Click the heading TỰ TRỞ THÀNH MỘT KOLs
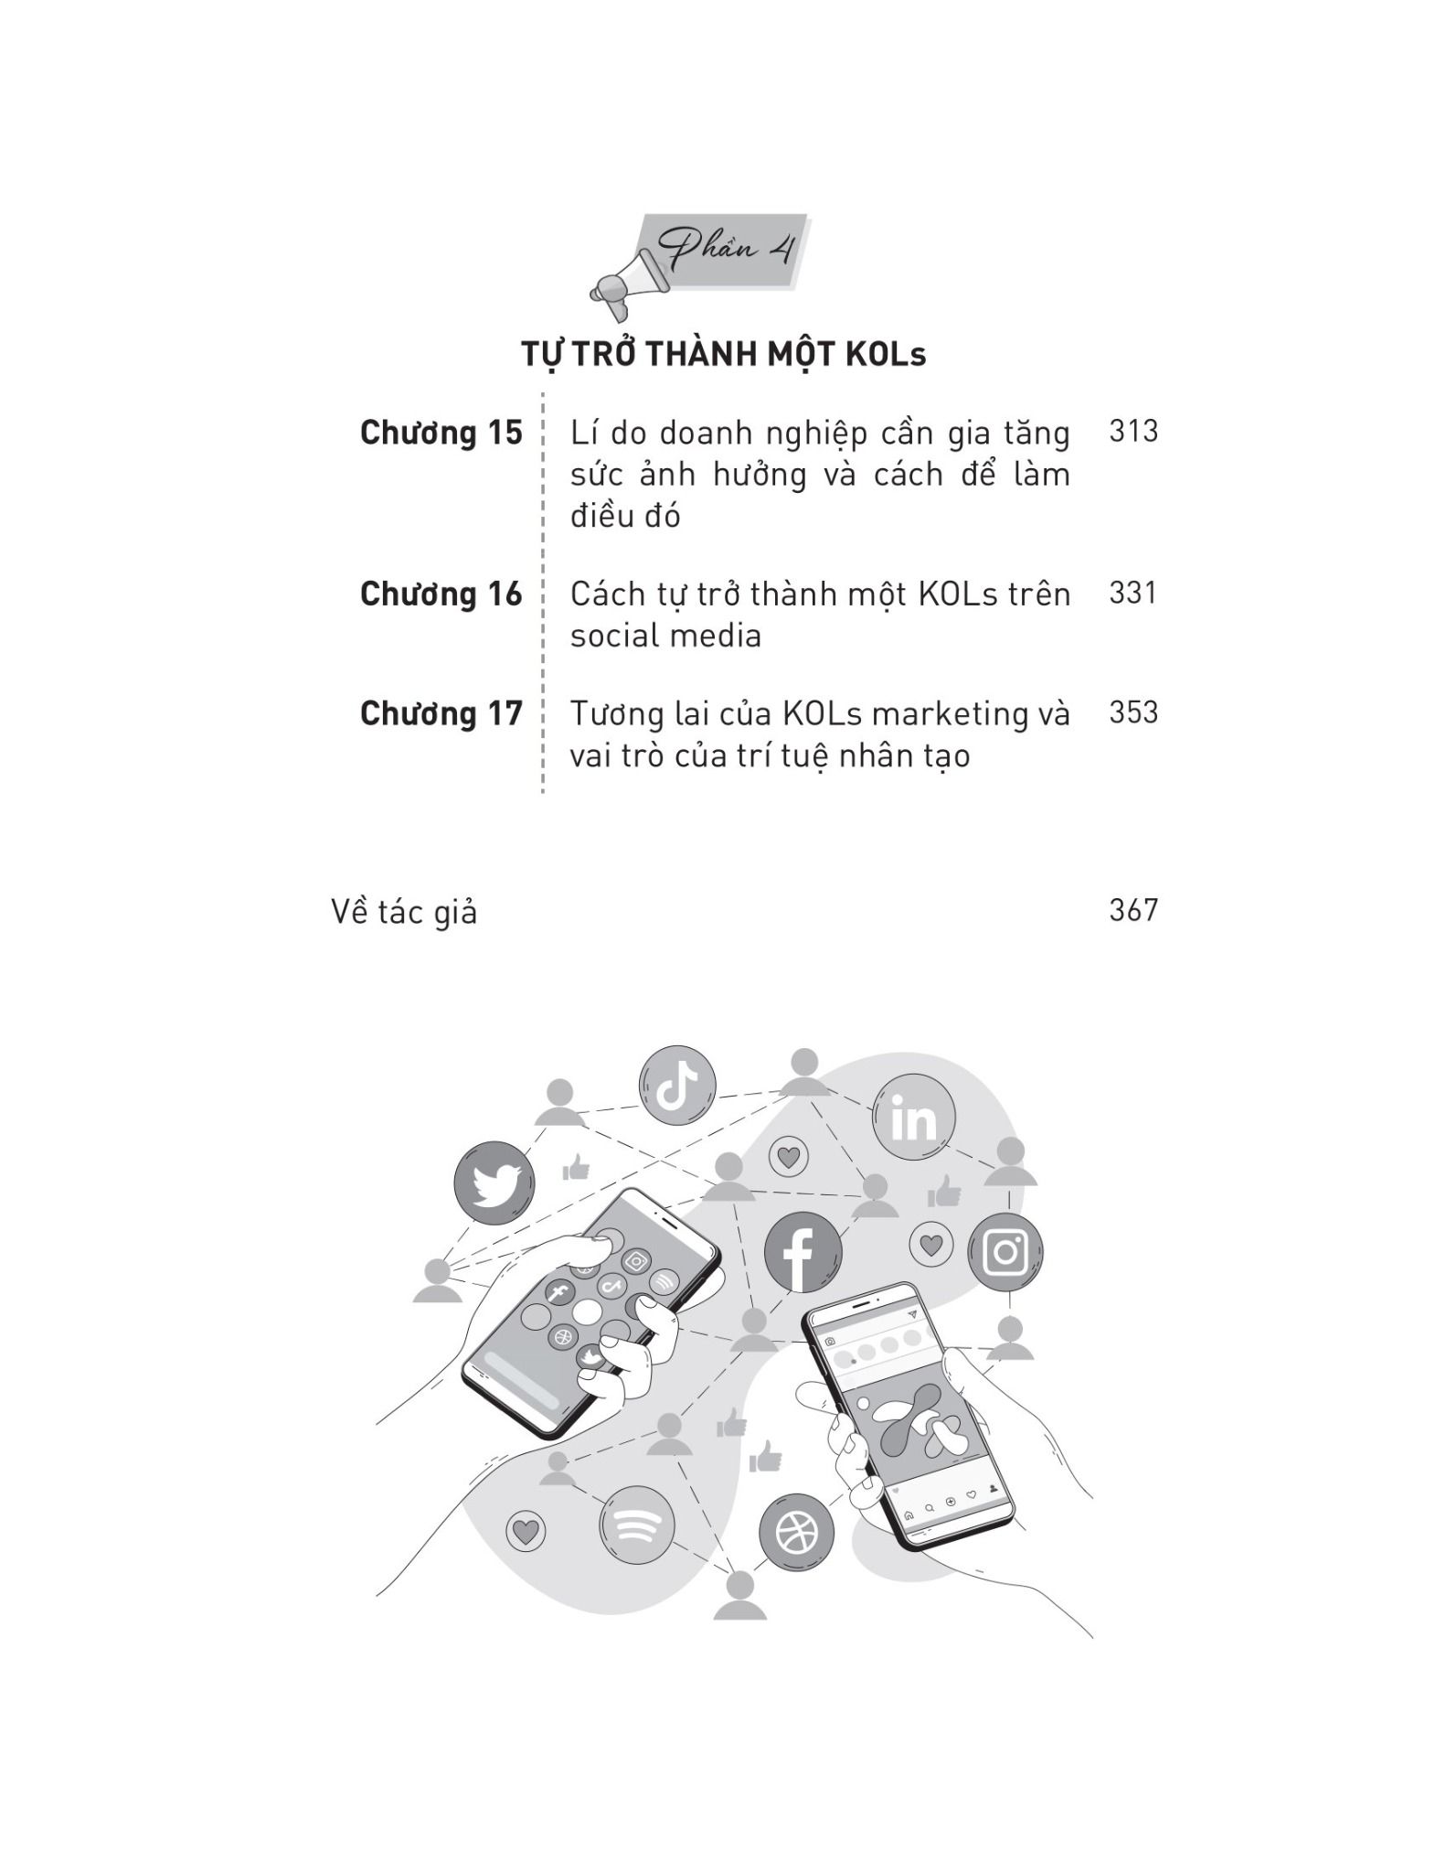tap(723, 354)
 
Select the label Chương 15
tap(441, 433)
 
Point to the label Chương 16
tap(441, 594)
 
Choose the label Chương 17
tap(441, 713)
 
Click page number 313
tap(1133, 431)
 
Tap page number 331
tap(1133, 593)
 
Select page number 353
tap(1133, 712)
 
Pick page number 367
tap(1133, 910)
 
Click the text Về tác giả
tap(404, 912)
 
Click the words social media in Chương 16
tap(665, 636)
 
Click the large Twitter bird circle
tap(494, 1183)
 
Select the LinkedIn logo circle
tap(914, 1117)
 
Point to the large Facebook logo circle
tap(803, 1252)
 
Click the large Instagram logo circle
tap(1005, 1251)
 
